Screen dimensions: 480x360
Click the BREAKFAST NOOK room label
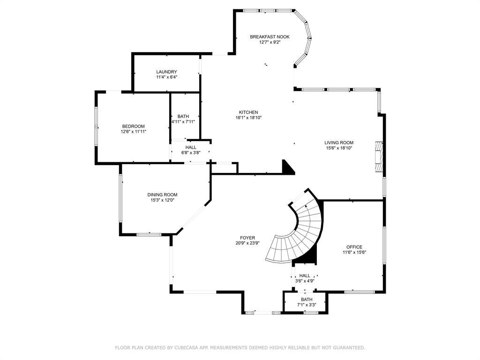pos(270,37)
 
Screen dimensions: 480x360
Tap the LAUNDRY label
pos(166,72)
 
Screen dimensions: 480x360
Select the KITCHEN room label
pos(248,112)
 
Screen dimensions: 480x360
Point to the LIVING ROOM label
pos(339,142)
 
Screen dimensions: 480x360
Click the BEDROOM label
pos(134,127)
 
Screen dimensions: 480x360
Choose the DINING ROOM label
pos(162,195)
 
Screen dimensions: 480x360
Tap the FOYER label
pos(247,238)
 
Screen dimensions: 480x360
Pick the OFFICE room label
pos(354,247)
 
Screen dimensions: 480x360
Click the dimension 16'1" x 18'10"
pos(248,118)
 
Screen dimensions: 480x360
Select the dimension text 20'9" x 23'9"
pos(247,243)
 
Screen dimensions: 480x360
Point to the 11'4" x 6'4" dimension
pos(166,77)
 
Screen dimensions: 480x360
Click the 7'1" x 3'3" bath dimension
pos(307,305)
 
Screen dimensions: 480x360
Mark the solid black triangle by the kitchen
pos(288,167)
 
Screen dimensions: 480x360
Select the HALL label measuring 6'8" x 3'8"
pos(191,148)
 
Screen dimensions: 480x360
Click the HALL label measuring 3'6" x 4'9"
pos(305,276)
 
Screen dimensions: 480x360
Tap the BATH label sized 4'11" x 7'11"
pos(183,116)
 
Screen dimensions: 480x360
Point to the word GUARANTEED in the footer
pos(349,348)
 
